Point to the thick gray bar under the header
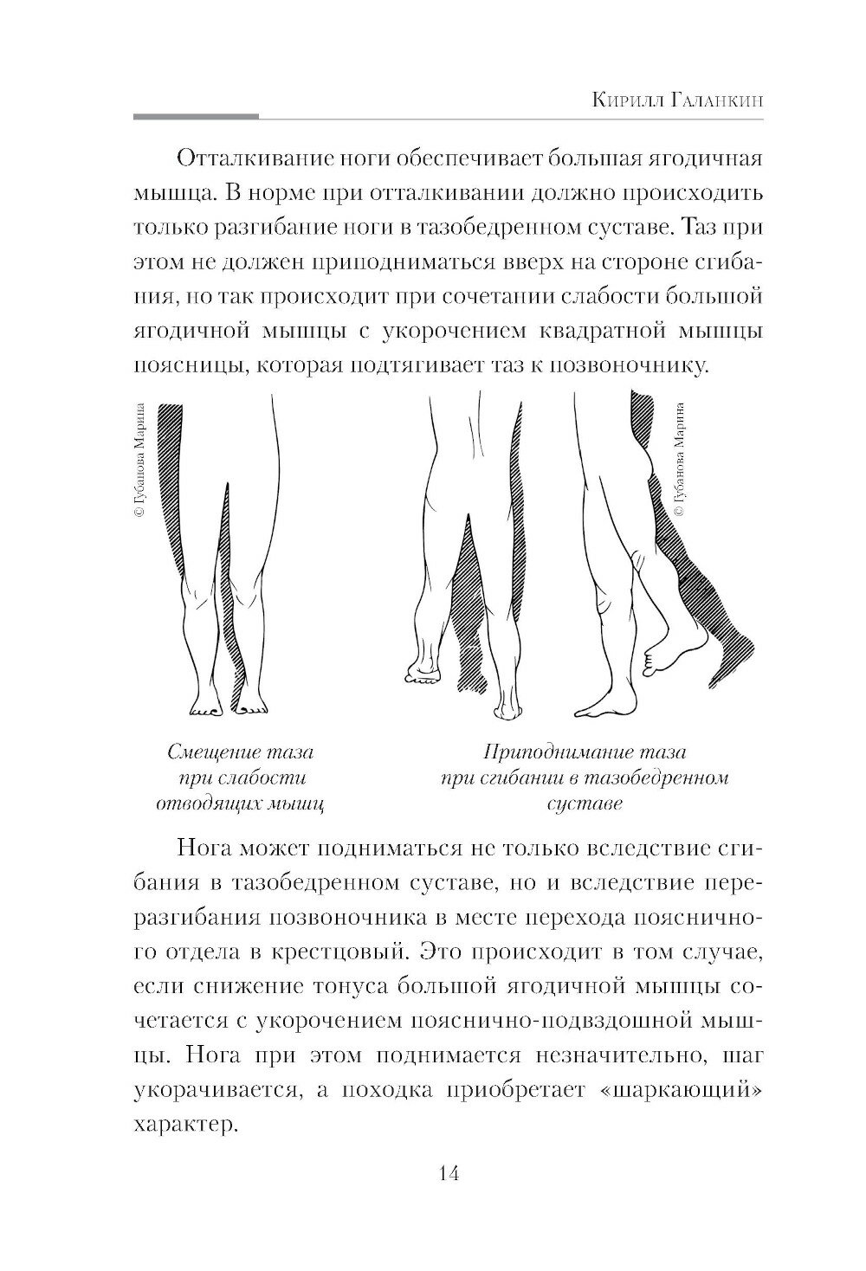click(x=197, y=116)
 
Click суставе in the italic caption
click(x=585, y=803)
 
